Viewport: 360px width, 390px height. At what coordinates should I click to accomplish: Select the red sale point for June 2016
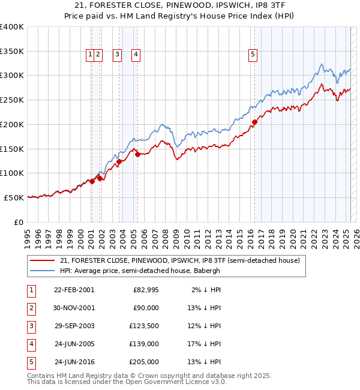254,122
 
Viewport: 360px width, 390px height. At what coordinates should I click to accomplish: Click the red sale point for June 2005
138,154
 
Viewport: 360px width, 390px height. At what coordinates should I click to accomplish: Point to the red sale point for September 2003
119,161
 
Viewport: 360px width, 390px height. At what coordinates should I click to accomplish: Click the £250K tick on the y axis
12,100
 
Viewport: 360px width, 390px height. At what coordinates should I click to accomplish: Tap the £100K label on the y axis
12,173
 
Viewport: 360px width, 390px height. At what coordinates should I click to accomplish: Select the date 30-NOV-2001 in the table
74,308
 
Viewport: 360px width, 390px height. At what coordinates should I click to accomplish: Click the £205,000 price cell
143,362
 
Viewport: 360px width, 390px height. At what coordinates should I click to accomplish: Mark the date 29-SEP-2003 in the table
74,326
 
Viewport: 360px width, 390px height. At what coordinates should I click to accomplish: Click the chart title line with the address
181,6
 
